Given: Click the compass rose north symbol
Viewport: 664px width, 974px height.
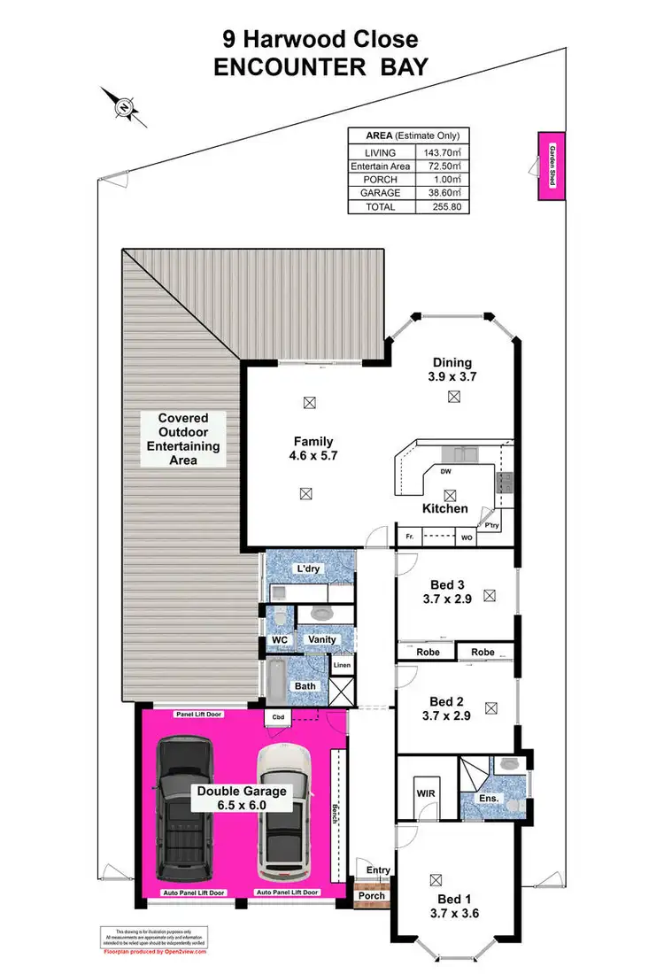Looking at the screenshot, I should pos(125,106).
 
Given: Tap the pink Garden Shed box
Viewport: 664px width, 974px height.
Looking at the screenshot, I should pos(550,166).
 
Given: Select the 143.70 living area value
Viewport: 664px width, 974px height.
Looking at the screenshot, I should pos(443,152).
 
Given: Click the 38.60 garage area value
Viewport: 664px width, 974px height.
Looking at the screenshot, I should pos(443,192).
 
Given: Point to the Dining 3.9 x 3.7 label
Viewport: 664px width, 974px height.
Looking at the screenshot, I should pos(452,369).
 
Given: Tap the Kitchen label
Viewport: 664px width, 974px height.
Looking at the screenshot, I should pos(444,508).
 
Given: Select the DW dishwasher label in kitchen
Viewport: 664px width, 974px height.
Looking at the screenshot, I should pos(444,472).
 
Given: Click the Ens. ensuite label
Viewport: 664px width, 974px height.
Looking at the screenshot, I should pos(490,798).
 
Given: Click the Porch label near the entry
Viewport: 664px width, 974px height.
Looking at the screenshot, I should pos(371,895).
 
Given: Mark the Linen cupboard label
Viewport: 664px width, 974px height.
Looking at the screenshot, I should pos(341,663).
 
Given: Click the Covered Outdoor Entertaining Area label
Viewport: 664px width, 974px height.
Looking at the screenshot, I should pos(184,438).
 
